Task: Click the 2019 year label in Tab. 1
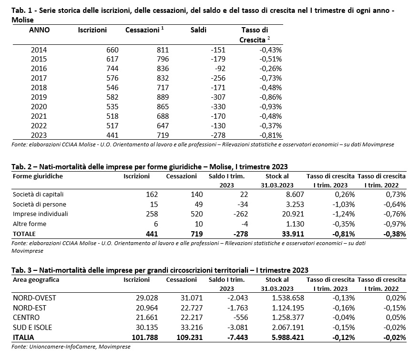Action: pos(39,97)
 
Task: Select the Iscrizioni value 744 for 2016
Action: pos(112,69)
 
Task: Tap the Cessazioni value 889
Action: pos(163,97)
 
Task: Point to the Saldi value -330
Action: pos(218,107)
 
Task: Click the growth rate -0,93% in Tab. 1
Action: pos(270,107)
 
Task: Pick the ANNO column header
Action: pos(39,30)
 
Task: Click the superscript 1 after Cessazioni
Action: pos(163,28)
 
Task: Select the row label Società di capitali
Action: pos(38,194)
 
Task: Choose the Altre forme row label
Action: pos(30,224)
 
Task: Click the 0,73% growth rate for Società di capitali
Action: pos(396,194)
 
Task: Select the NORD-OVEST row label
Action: pos(34,298)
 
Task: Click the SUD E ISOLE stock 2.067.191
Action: pos(288,328)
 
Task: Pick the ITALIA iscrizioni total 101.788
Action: pos(145,338)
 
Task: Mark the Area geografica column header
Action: pos(36,280)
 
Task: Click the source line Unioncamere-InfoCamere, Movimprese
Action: pos(80,347)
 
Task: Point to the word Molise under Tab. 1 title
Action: pos(22,20)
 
